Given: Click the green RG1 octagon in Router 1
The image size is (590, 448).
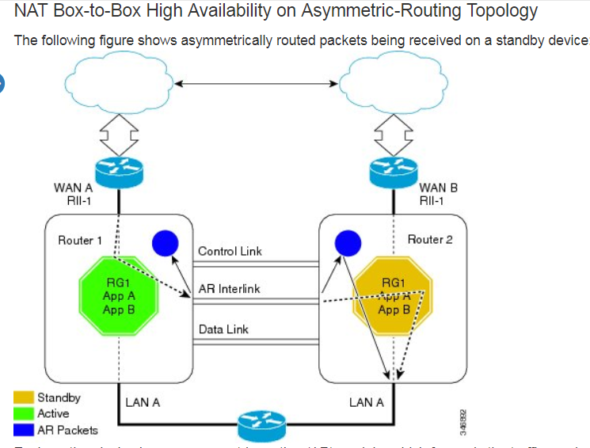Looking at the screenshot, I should click(x=120, y=295).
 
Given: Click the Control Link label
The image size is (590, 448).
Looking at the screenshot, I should click(x=230, y=252).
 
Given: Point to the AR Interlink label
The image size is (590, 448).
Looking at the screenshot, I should click(x=229, y=289).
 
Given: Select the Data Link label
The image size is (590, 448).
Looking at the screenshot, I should click(x=223, y=329).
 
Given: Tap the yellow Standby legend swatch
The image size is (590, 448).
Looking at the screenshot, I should click(x=24, y=397).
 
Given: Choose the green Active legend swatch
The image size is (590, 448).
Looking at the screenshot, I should click(x=24, y=413).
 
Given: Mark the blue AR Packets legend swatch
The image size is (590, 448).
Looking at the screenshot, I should click(x=24, y=430).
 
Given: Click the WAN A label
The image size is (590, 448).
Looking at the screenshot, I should click(x=73, y=188).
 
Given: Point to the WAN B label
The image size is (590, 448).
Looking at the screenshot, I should click(x=438, y=188).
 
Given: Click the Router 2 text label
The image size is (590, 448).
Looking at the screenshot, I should click(x=430, y=239).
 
